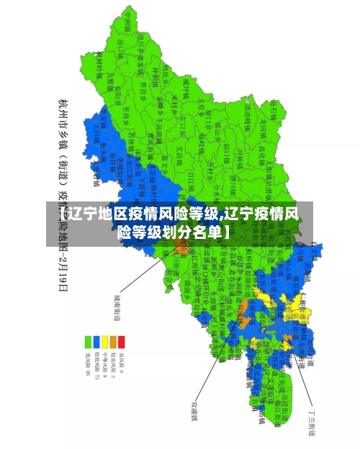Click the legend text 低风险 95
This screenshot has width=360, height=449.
(89, 364)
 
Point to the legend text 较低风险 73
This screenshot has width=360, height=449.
(96, 366)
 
